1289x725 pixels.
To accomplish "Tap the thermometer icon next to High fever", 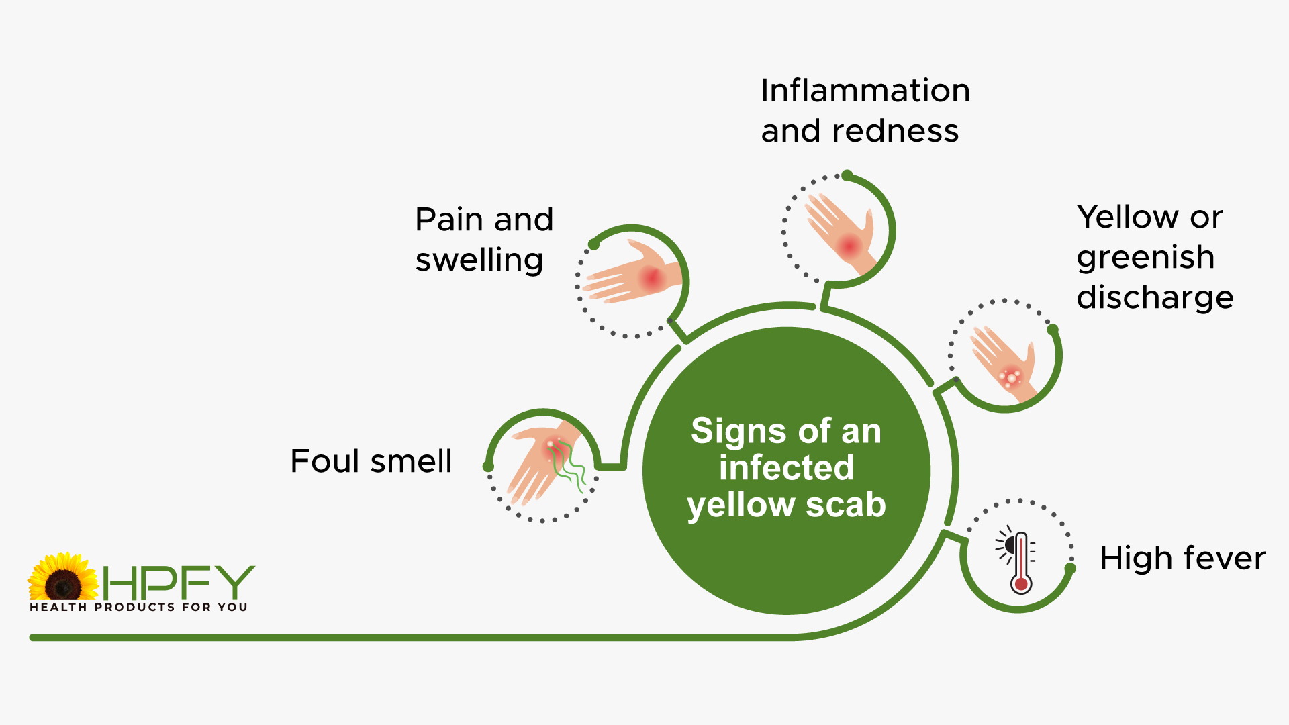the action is pyautogui.click(x=1016, y=561).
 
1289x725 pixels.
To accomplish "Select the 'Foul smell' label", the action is pyautogui.click(x=371, y=461).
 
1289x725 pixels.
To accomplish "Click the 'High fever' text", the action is pyautogui.click(x=1182, y=558).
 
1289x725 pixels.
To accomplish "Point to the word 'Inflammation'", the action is pyautogui.click(x=865, y=91).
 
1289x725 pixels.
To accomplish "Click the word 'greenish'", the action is pyautogui.click(x=1145, y=258).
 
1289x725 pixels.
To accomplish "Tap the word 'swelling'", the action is pyautogui.click(x=479, y=260).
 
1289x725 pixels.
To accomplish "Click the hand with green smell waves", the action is pyautogui.click(x=545, y=463).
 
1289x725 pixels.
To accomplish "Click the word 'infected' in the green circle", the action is pyautogui.click(x=786, y=468).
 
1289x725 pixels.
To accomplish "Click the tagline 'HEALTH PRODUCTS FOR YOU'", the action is pyautogui.click(x=138, y=607).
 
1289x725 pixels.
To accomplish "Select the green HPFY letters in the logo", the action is pyautogui.click(x=179, y=582).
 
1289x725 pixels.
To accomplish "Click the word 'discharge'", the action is pyautogui.click(x=1155, y=297).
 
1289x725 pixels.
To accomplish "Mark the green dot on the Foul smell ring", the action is pyautogui.click(x=488, y=466).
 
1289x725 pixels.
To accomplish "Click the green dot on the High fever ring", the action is pyautogui.click(x=1070, y=568).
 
